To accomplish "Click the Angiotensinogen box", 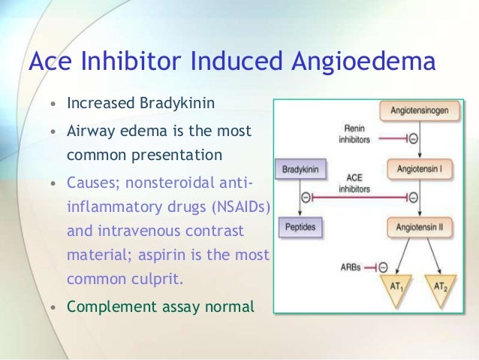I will [x=421, y=111].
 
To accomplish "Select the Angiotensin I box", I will [x=421, y=170].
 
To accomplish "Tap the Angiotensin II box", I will [x=421, y=225].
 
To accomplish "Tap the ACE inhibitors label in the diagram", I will [x=354, y=183].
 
